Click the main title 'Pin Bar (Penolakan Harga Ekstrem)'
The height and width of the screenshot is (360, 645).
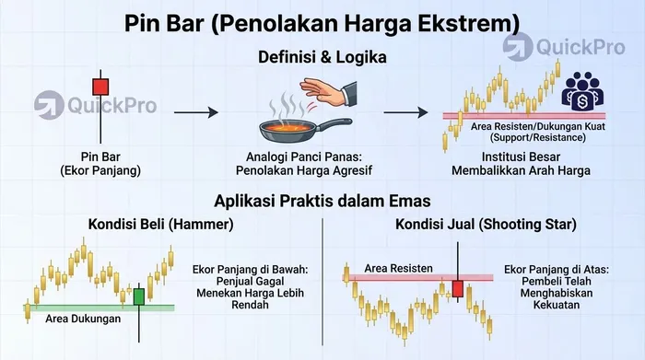tap(322, 20)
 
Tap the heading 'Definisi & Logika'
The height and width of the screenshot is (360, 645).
tap(322, 57)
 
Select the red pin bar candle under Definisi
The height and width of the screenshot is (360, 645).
tap(100, 87)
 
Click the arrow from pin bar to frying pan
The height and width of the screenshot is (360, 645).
tap(197, 112)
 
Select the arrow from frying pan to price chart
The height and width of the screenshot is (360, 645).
tap(405, 112)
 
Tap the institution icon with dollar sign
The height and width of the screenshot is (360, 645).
tap(582, 90)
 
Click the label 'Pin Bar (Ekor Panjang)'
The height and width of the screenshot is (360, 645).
tap(100, 163)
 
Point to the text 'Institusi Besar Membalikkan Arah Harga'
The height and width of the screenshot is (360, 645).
tap(507, 163)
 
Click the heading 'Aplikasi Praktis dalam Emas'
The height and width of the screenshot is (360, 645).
tap(322, 202)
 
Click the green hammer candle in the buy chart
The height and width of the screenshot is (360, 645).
tap(139, 296)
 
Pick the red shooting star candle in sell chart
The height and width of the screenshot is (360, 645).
tap(457, 289)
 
